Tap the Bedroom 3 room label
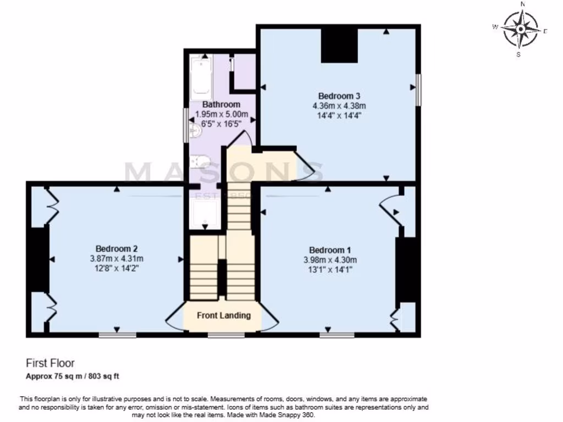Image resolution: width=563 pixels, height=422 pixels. (x=339, y=95)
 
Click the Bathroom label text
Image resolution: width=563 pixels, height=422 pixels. (x=221, y=104)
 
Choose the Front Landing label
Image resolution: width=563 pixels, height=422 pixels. (x=224, y=315)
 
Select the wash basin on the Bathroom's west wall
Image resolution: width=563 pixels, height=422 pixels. (x=193, y=130)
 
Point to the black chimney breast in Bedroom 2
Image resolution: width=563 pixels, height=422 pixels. (x=38, y=259)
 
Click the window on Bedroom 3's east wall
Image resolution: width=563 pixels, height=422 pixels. (x=418, y=89)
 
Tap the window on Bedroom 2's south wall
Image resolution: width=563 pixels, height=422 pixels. (x=117, y=334)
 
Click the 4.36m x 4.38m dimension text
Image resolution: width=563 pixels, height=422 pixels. (x=339, y=105)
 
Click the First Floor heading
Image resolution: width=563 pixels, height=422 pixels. (x=50, y=363)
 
